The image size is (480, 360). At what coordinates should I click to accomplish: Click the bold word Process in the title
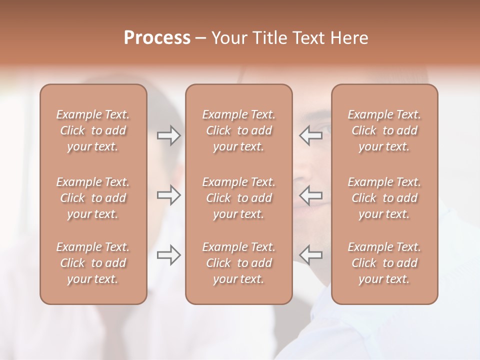pos(157,38)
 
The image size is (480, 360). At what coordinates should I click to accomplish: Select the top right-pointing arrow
pos(169,135)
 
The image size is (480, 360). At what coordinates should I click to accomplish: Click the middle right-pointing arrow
pos(169,195)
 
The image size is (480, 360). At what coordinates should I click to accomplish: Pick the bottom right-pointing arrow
pos(169,255)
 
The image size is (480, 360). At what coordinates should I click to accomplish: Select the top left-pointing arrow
pos(310,135)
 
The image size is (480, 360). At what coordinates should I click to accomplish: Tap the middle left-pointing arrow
pos(310,195)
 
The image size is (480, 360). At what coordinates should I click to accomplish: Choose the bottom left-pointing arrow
pos(310,255)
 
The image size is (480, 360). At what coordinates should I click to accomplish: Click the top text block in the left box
pos(93,130)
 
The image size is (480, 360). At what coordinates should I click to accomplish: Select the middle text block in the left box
pos(93,198)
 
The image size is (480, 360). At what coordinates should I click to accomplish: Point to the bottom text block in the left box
pos(93,263)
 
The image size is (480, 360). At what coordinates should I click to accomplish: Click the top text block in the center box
pos(238,130)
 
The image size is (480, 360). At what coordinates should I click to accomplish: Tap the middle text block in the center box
pos(238,198)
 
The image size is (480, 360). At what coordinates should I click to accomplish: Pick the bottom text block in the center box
pos(238,263)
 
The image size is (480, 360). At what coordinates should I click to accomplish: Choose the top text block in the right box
pos(384,130)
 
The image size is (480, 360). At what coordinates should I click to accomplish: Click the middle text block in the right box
pos(384,198)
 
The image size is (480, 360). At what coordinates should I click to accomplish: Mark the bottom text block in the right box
pos(384,263)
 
